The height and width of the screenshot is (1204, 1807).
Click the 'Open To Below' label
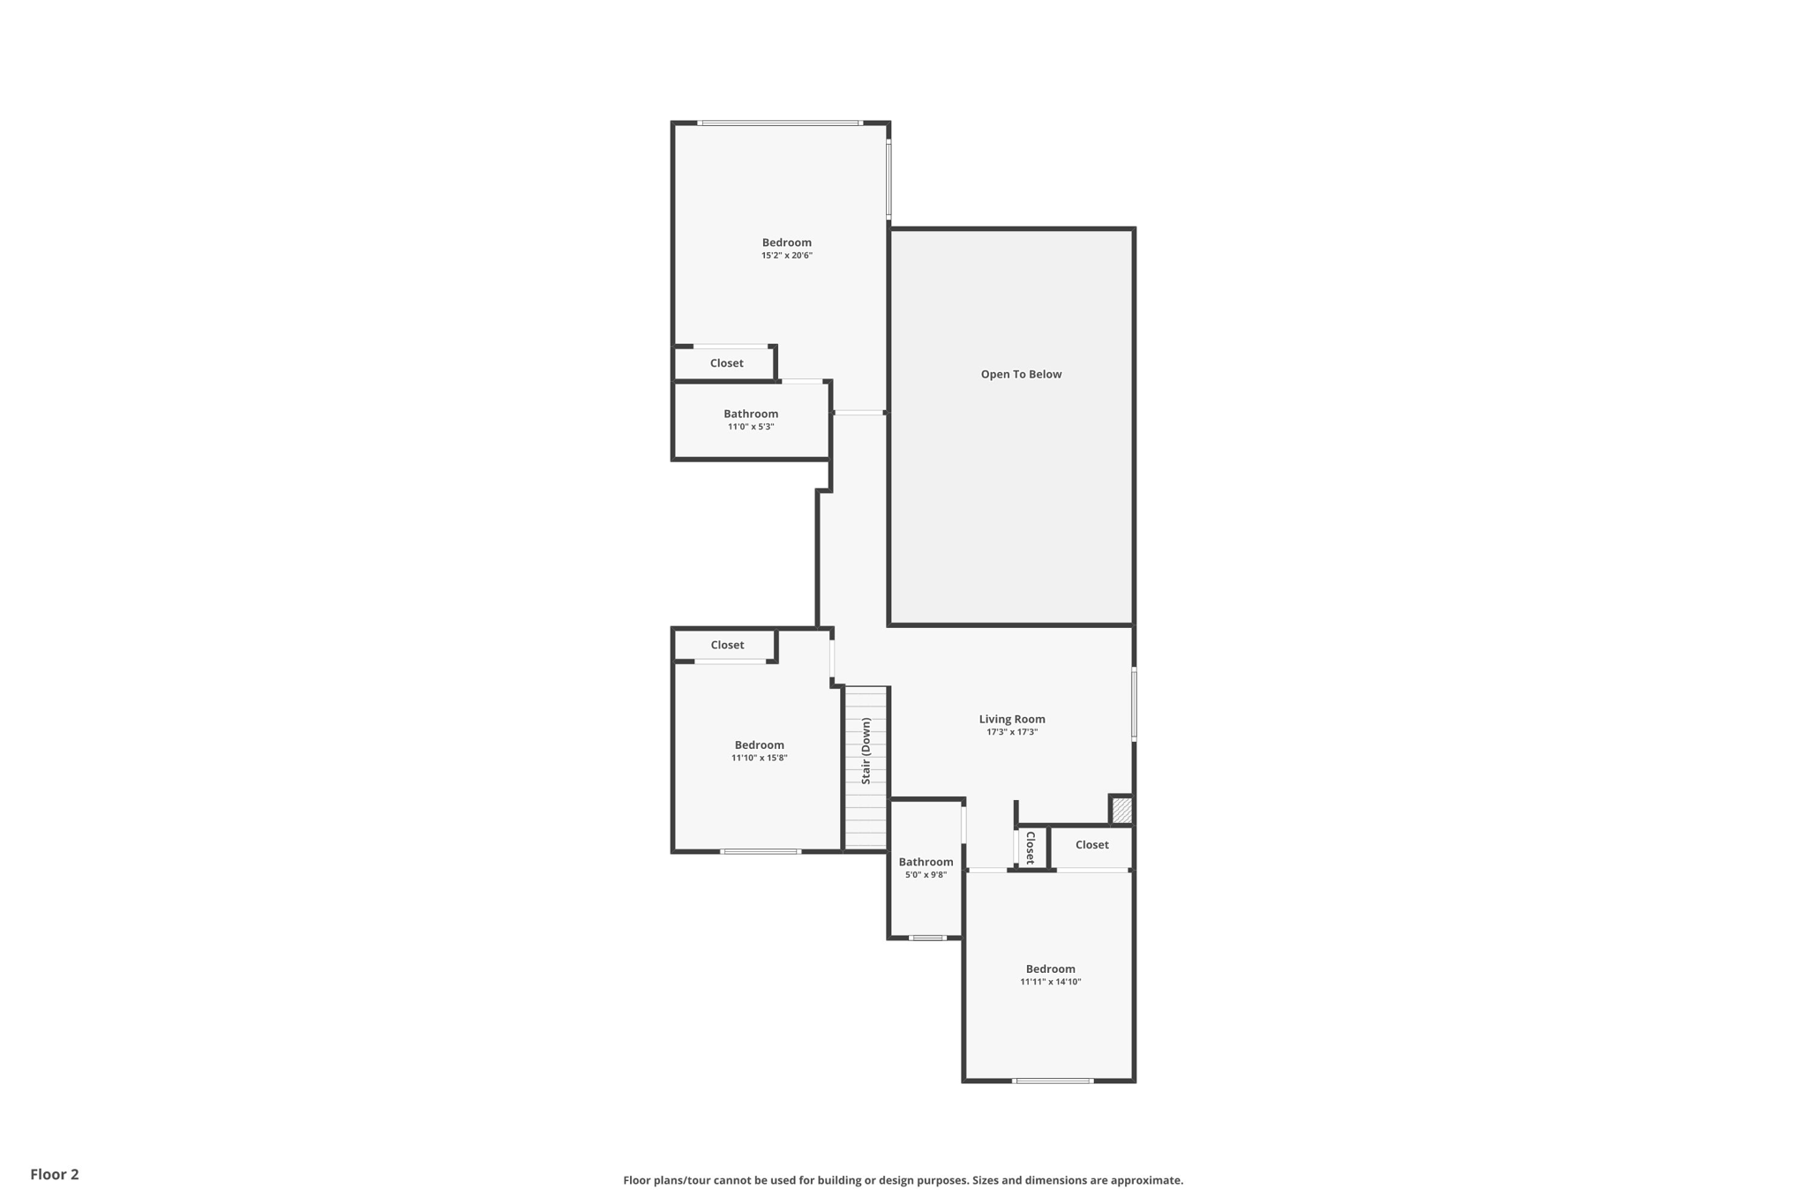click(x=1021, y=374)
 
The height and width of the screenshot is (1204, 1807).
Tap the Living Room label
click(x=1011, y=719)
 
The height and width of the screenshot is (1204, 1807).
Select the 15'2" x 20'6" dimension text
click(x=786, y=256)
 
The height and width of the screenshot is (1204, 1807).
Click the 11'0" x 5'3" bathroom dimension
click(x=750, y=427)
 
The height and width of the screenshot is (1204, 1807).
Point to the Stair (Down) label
click(x=866, y=751)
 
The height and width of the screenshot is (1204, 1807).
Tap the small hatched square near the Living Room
click(x=1121, y=810)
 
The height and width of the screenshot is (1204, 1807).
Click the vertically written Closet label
click(x=1030, y=847)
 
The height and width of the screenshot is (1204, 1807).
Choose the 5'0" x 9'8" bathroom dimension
click(x=926, y=875)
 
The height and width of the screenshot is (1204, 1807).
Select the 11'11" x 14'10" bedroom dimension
click(x=1050, y=982)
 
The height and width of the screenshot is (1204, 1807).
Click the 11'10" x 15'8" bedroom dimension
click(x=759, y=758)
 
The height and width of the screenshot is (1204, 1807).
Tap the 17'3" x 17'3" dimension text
click(x=1011, y=732)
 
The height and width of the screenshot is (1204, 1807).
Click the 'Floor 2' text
click(x=55, y=1174)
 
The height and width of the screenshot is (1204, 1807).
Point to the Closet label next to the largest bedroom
click(x=726, y=363)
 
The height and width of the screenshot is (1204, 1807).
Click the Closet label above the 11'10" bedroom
click(x=727, y=645)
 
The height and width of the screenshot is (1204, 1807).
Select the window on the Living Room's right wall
click(x=1134, y=703)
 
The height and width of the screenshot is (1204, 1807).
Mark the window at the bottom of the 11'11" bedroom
click(x=1052, y=1081)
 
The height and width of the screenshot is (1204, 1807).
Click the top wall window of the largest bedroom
click(x=779, y=123)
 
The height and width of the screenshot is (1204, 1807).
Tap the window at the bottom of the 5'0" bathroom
click(x=926, y=938)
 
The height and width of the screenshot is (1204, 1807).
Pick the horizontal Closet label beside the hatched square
click(x=1091, y=845)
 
